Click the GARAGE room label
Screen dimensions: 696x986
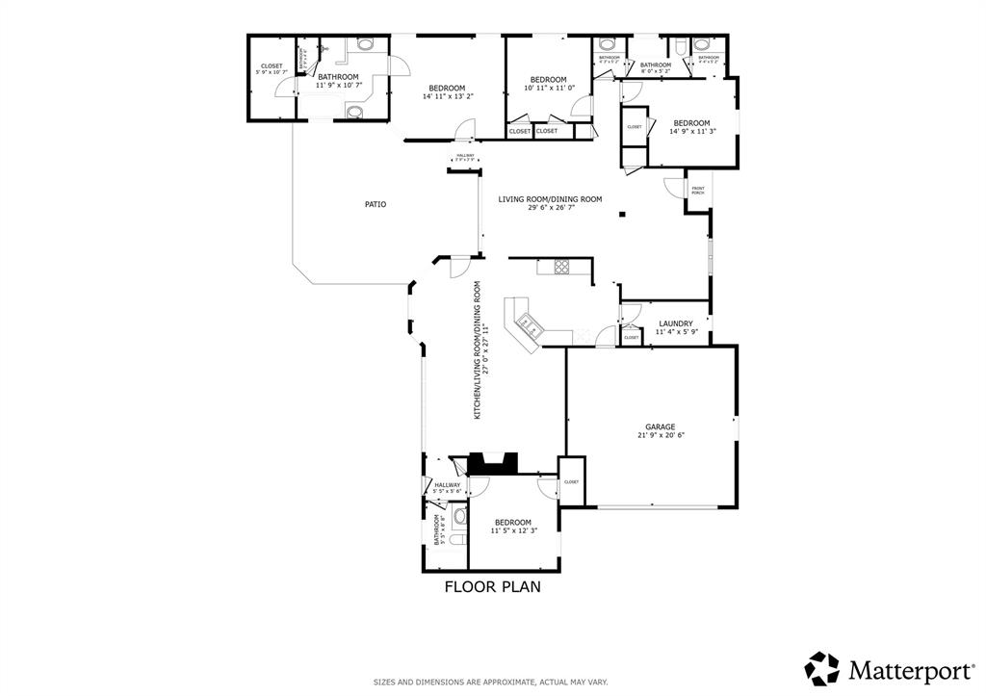[660, 426]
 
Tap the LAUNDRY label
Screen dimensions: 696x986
[675, 323]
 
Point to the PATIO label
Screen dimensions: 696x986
[376, 204]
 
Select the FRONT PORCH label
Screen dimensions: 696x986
[697, 191]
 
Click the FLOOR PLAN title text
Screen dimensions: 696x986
[492, 585]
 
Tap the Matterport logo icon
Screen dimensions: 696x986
[823, 668]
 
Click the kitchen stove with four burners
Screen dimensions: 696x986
[561, 267]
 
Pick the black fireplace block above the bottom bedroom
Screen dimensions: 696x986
[493, 464]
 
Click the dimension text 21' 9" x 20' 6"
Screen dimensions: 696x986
[660, 435]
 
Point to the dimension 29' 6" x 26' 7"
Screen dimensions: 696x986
[550, 208]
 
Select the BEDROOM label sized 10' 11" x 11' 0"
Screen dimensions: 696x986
[548, 79]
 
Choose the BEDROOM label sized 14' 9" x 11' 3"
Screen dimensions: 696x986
[691, 123]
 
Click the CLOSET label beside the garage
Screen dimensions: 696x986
[571, 481]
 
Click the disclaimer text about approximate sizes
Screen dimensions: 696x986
[491, 682]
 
